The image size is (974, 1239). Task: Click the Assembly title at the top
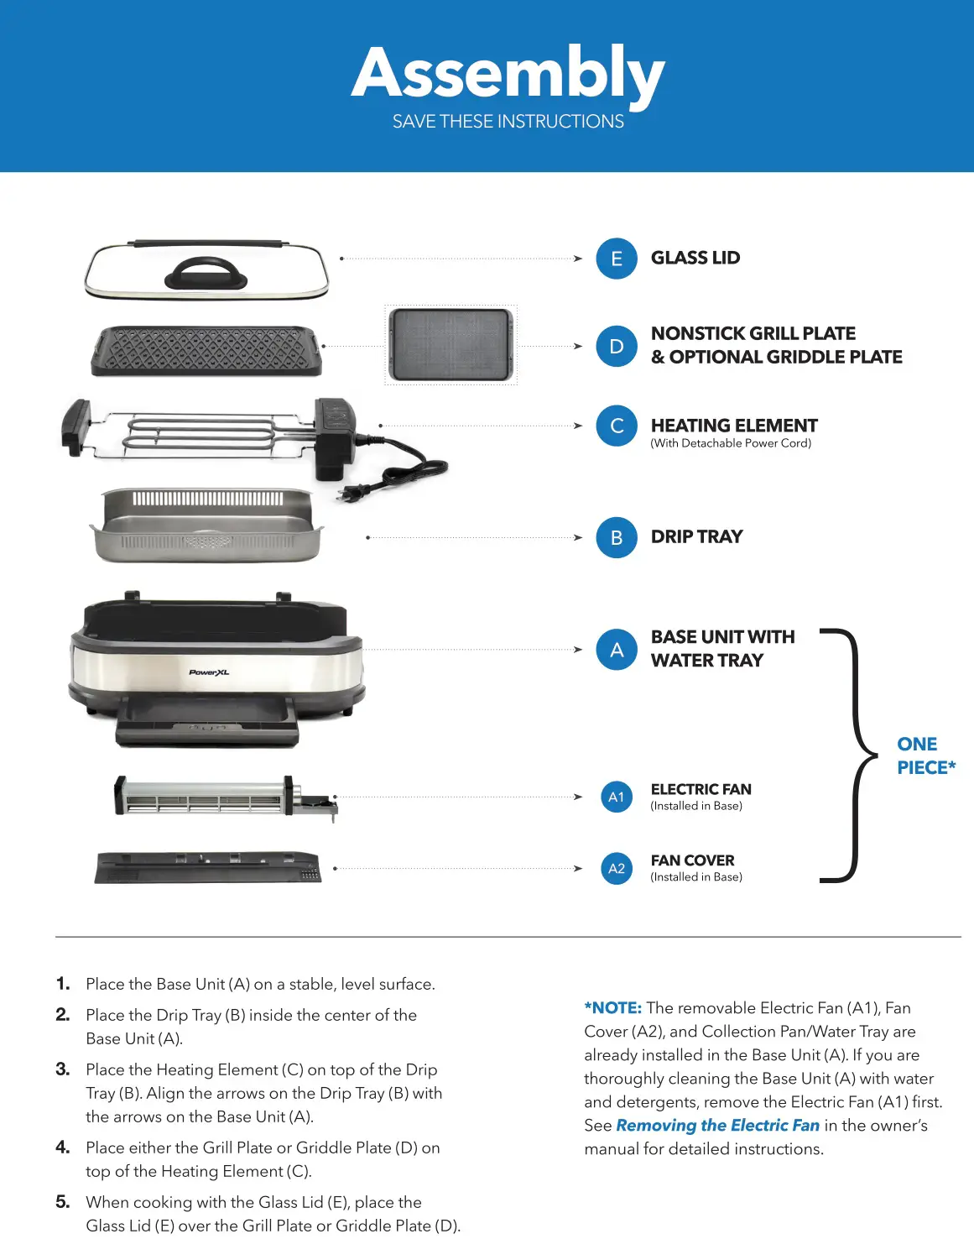tap(508, 74)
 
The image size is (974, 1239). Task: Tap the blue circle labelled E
tap(617, 259)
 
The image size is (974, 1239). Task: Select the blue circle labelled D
tap(617, 346)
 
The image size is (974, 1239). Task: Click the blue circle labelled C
tap(617, 426)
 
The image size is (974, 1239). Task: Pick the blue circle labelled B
tap(617, 537)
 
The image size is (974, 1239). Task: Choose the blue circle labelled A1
tap(617, 797)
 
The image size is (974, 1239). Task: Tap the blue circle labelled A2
tap(617, 868)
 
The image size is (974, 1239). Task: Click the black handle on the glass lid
tap(206, 274)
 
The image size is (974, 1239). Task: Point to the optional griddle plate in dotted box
tap(451, 344)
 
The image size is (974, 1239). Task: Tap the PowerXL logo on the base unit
tap(209, 672)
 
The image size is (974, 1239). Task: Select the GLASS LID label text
tap(695, 259)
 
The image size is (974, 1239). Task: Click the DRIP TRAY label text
tap(696, 537)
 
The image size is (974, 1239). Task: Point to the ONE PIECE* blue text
tap(925, 755)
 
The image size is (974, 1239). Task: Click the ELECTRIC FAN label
tap(701, 789)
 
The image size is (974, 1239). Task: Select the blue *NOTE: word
tap(613, 1008)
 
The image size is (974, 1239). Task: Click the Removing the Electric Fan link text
tap(717, 1126)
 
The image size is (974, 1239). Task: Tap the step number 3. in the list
tap(63, 1069)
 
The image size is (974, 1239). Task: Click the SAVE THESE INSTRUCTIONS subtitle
tap(508, 122)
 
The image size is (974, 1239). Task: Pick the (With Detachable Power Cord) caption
tap(731, 443)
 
